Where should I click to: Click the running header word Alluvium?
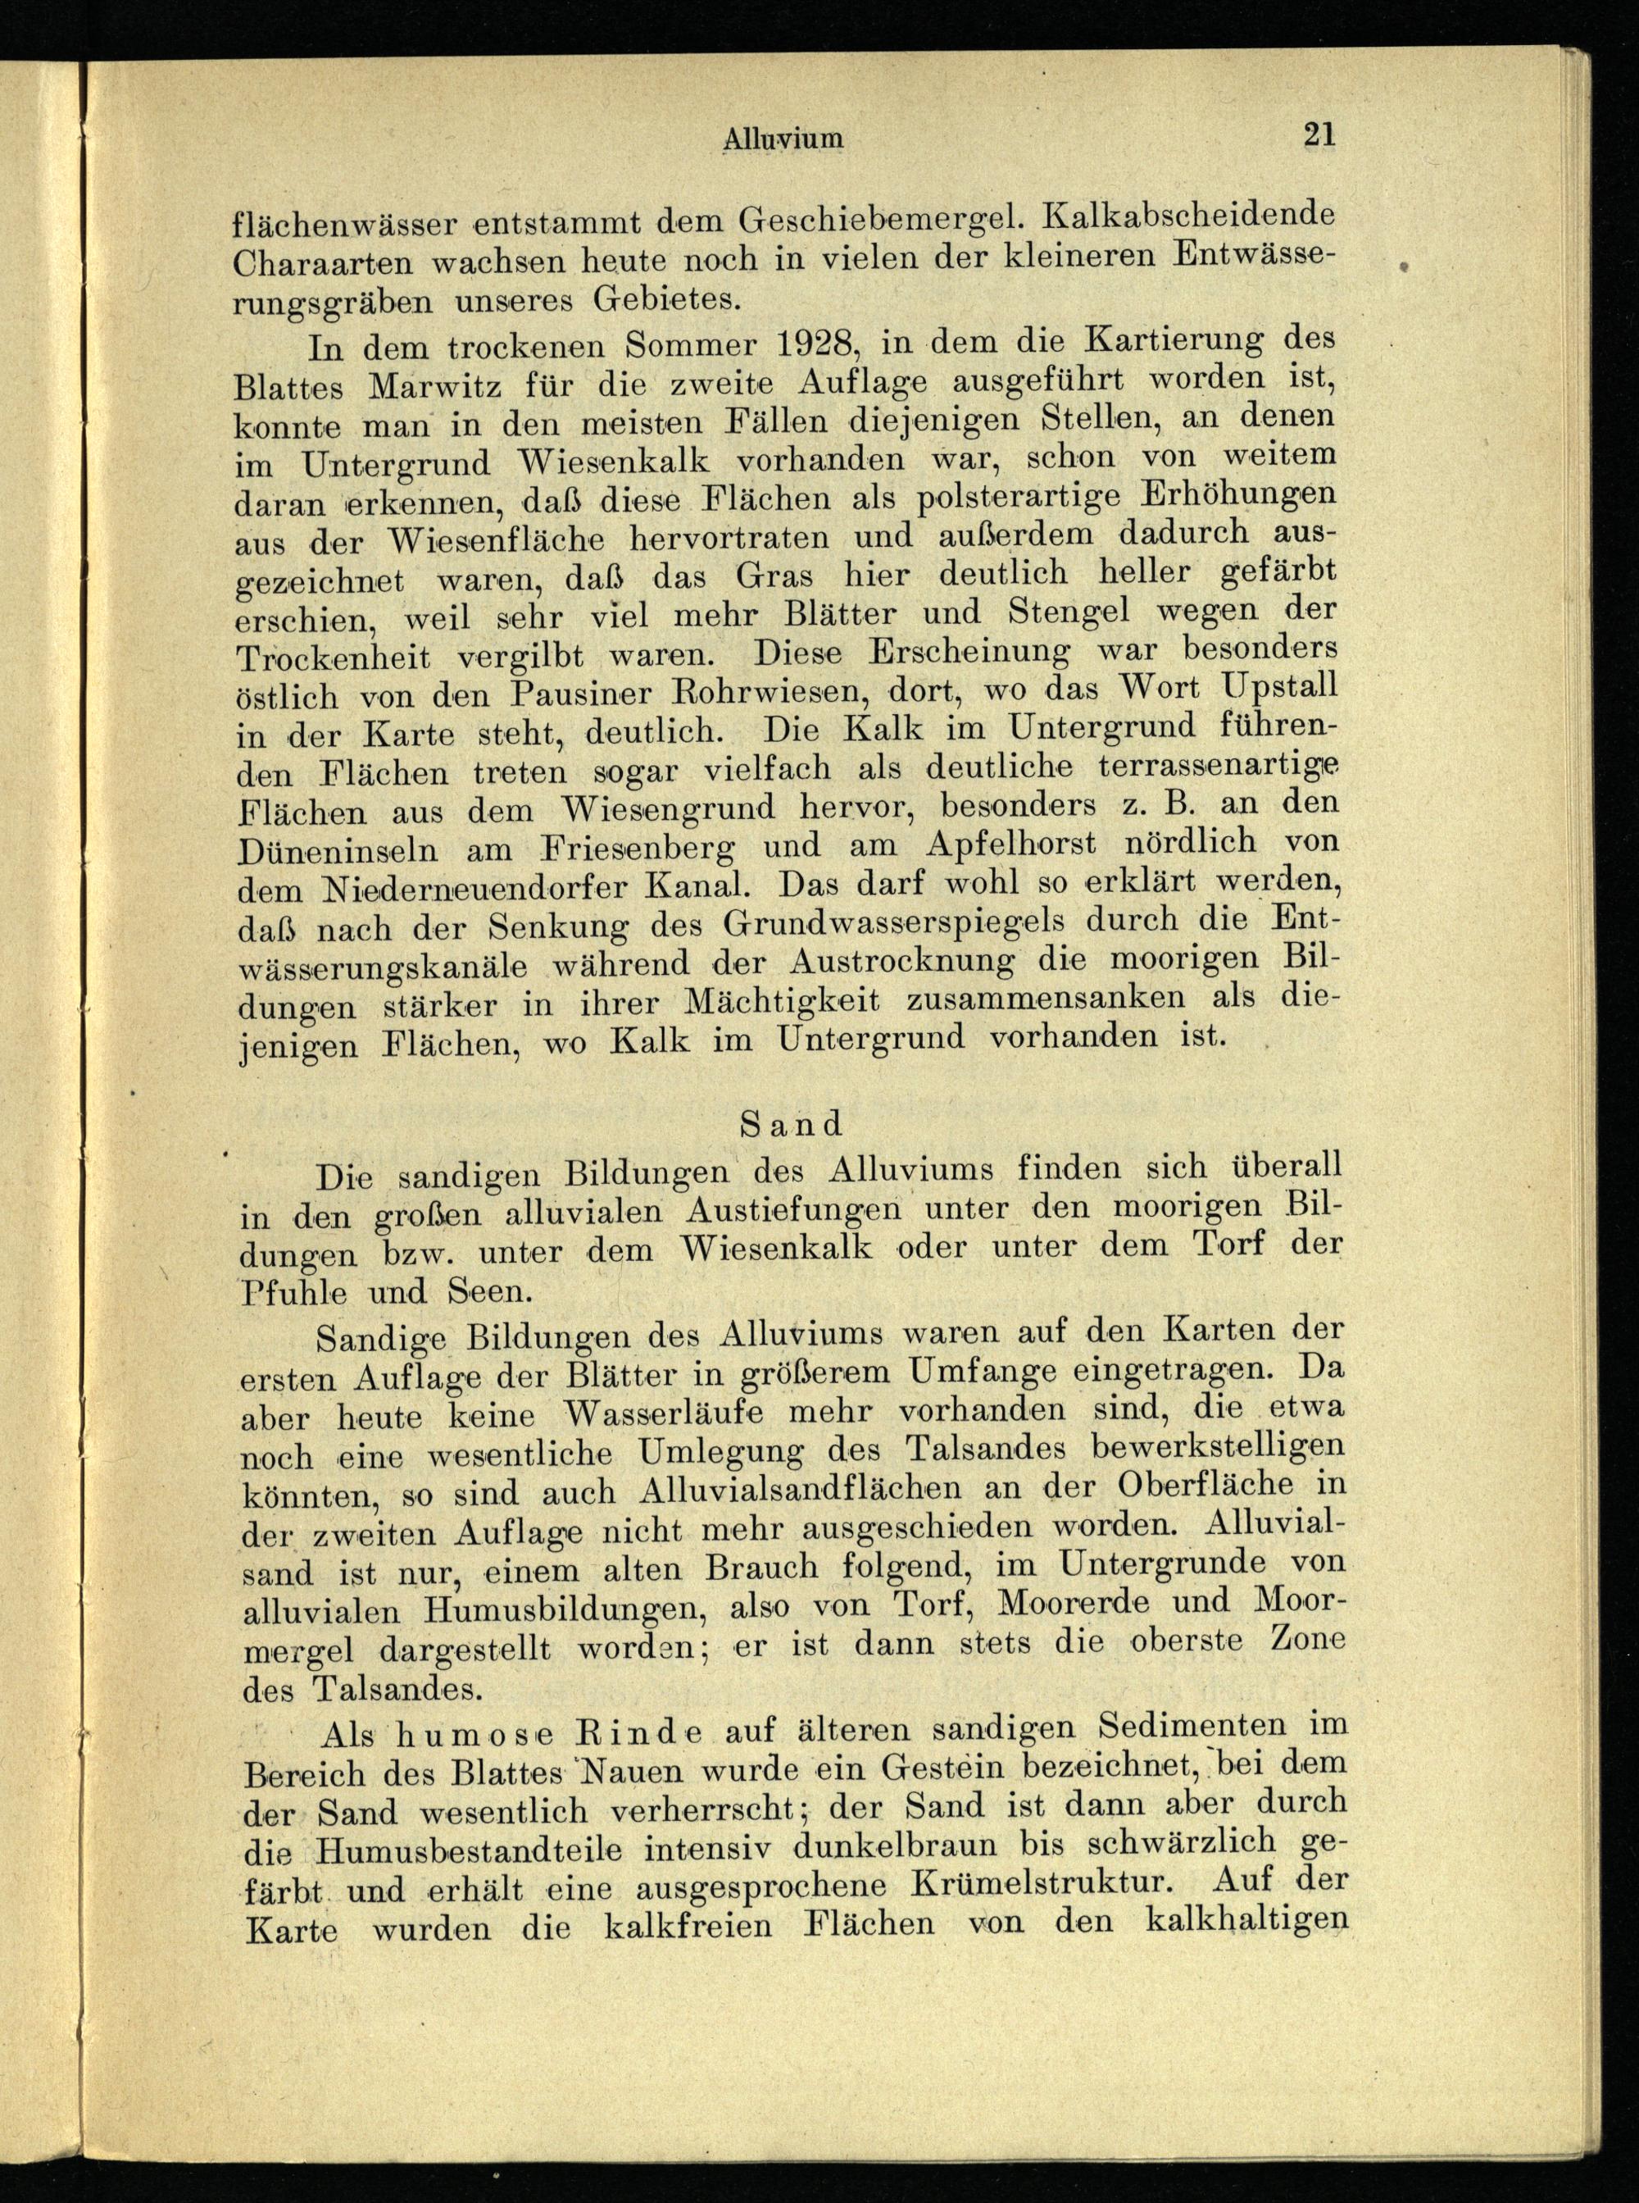783,139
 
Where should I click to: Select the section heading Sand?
791,1123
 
